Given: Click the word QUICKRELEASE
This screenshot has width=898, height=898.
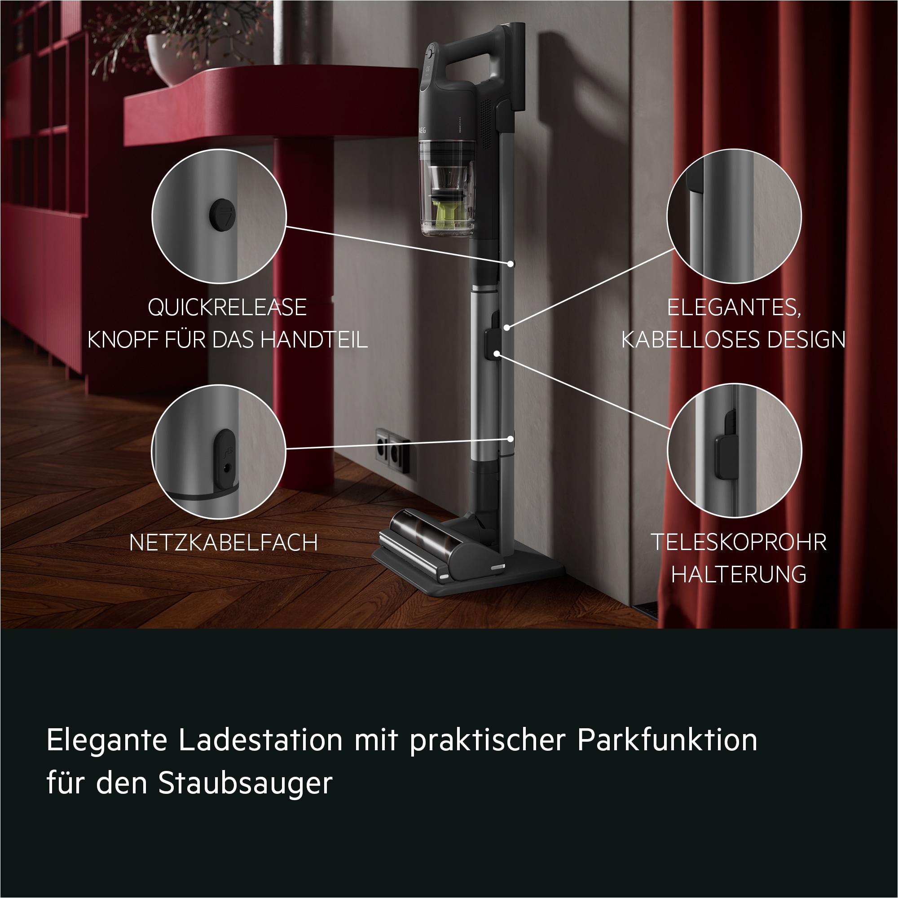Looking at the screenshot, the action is (227, 307).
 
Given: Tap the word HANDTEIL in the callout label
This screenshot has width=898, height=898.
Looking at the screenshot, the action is (314, 340).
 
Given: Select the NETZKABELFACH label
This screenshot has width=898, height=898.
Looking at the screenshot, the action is (224, 542).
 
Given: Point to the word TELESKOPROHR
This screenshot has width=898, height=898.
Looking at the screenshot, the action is (739, 542).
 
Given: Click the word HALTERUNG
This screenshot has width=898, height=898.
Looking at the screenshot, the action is (739, 575).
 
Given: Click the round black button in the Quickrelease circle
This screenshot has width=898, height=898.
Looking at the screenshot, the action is (222, 214).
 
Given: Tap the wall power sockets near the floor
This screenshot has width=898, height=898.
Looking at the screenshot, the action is (392, 450).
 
